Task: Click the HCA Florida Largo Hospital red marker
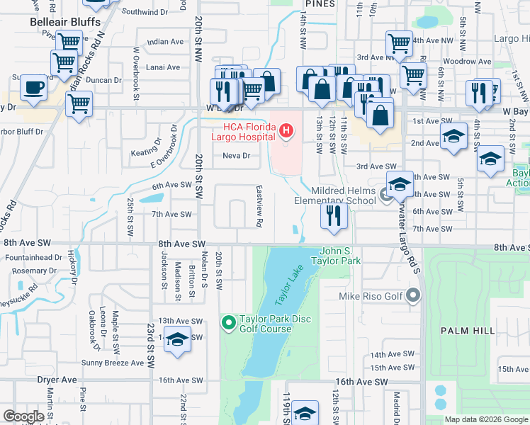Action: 286,130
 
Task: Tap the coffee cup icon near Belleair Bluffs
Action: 33,88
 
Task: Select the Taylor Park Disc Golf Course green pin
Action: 228,324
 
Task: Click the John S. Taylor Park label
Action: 341,256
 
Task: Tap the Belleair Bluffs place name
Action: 62,22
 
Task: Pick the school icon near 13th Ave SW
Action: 177,339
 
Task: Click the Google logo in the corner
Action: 24,416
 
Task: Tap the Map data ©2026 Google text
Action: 486,419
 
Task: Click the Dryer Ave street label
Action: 57,380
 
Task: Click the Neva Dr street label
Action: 237,156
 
